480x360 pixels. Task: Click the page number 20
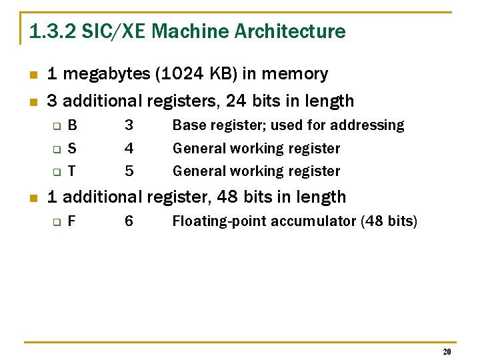(447, 351)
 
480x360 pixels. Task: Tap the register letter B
(72, 125)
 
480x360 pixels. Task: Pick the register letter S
(72, 148)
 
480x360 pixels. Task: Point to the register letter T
(72, 171)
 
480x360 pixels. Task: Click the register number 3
(129, 125)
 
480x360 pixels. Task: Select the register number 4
(129, 148)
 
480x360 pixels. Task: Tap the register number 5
(129, 171)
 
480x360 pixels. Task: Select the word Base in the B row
(189, 125)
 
